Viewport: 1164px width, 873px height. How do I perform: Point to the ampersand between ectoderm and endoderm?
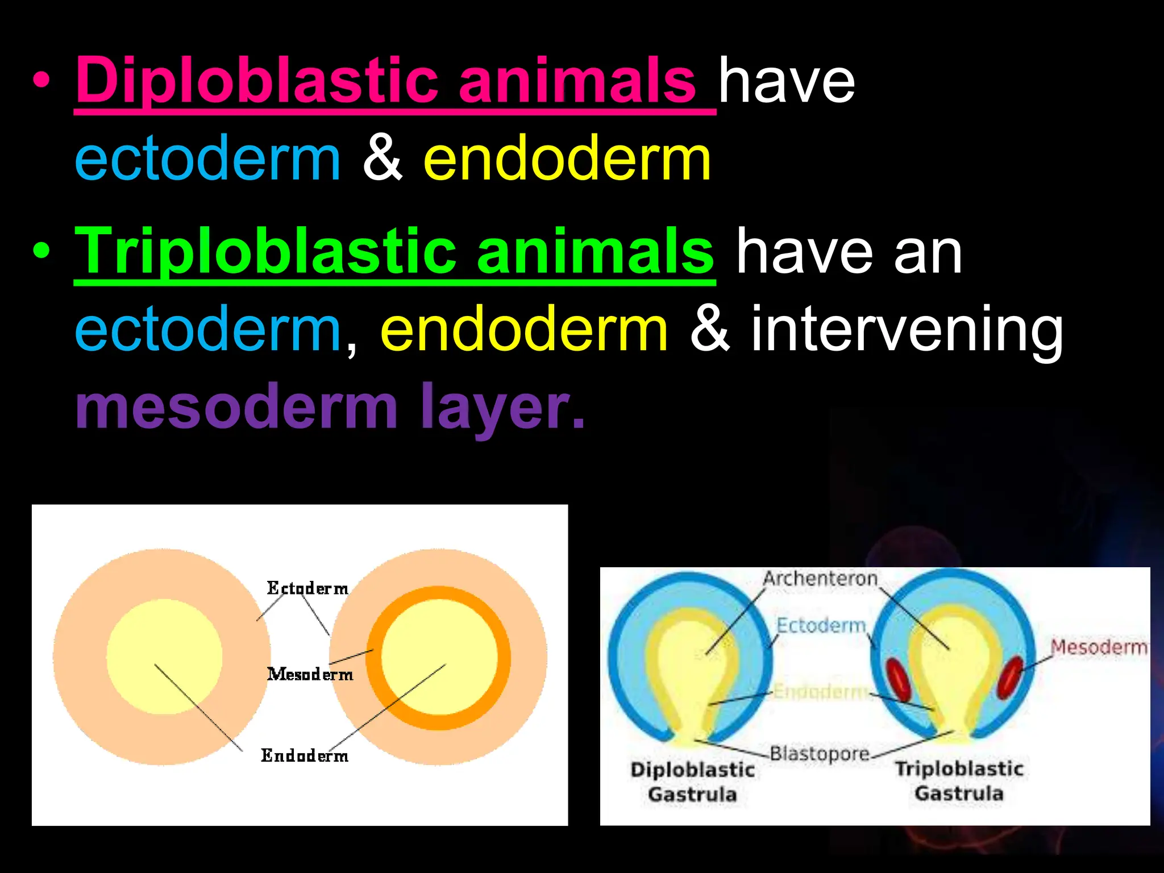(383, 159)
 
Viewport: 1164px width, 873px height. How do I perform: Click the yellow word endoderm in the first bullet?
(567, 159)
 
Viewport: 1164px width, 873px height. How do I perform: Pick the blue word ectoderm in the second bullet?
(208, 330)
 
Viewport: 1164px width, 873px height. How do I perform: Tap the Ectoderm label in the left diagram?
(307, 588)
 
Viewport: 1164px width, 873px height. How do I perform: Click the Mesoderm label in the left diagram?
(310, 674)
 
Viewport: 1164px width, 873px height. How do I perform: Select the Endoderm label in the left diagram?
(305, 755)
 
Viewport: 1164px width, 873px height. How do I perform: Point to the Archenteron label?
(820, 579)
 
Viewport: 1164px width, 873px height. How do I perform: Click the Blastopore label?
(820, 754)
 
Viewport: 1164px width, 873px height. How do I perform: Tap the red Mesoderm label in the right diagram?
(1098, 647)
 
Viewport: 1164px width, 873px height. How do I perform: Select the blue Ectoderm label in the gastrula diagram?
(821, 625)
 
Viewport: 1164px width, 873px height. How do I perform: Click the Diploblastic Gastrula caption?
(692, 781)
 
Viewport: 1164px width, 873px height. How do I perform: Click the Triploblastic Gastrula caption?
(959, 780)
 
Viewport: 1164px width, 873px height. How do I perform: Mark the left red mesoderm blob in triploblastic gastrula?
(899, 680)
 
